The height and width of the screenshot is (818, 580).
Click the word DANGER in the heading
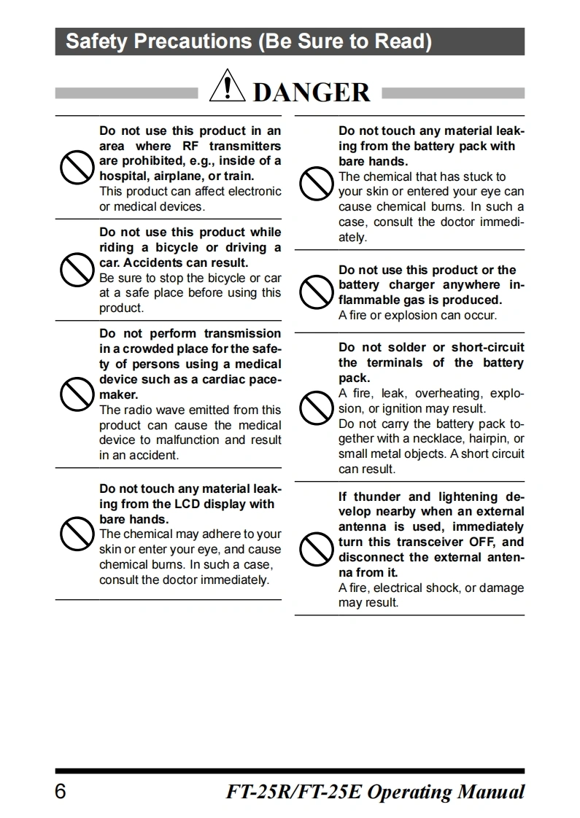coord(312,93)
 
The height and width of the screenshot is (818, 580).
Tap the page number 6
coord(61,792)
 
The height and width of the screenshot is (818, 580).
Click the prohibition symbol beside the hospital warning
coord(75,168)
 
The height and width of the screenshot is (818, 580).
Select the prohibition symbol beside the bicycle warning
coord(75,270)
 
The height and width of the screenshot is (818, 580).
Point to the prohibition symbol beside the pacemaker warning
coord(75,394)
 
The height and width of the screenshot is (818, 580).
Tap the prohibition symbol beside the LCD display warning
coord(75,534)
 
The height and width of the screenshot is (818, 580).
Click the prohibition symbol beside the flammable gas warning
coord(315,292)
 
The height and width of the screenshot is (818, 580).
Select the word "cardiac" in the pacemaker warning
coord(208,379)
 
